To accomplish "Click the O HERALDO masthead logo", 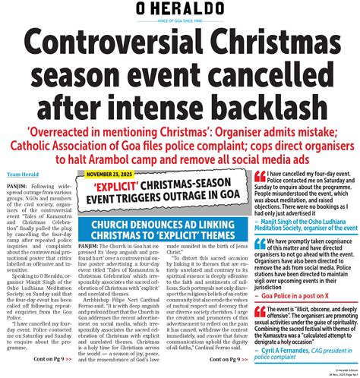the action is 180,12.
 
